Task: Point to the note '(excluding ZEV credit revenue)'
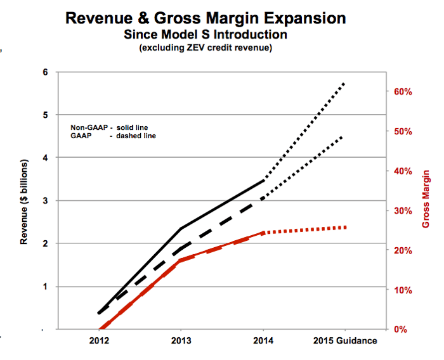tap(206, 48)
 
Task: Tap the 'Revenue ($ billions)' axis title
tap(25, 200)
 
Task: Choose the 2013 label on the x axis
tap(181, 340)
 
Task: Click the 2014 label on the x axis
tap(263, 340)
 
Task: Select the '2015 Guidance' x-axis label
tap(345, 340)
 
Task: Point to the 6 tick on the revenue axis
tap(45, 72)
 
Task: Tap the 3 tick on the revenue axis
tap(45, 201)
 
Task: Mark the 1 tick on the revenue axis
tap(45, 286)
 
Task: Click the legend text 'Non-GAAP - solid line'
tap(112, 127)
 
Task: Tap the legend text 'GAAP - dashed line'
tap(112, 136)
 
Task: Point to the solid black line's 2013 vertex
tap(181, 228)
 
